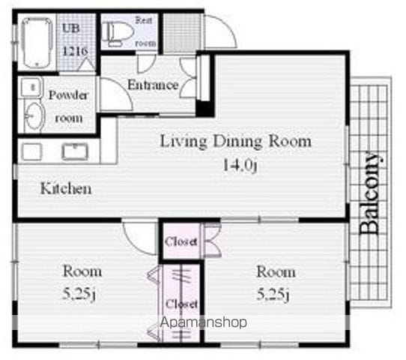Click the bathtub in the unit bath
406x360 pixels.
tap(37, 43)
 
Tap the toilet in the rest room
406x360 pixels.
tap(117, 33)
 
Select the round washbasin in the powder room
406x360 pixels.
tap(34, 116)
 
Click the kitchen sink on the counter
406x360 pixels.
tap(75, 151)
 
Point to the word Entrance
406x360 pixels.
tap(153, 85)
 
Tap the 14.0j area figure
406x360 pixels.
tap(240, 164)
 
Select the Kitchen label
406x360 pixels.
tap(66, 188)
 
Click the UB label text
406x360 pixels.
tap(70, 28)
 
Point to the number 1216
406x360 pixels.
tap(76, 51)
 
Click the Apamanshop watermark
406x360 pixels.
tap(203, 322)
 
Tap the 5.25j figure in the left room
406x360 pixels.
tap(79, 295)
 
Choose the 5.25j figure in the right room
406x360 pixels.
tap(273, 295)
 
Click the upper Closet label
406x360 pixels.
tap(181, 241)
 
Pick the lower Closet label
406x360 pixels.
tap(181, 304)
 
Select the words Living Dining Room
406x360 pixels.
tap(236, 141)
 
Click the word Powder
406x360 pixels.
tap(68, 95)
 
